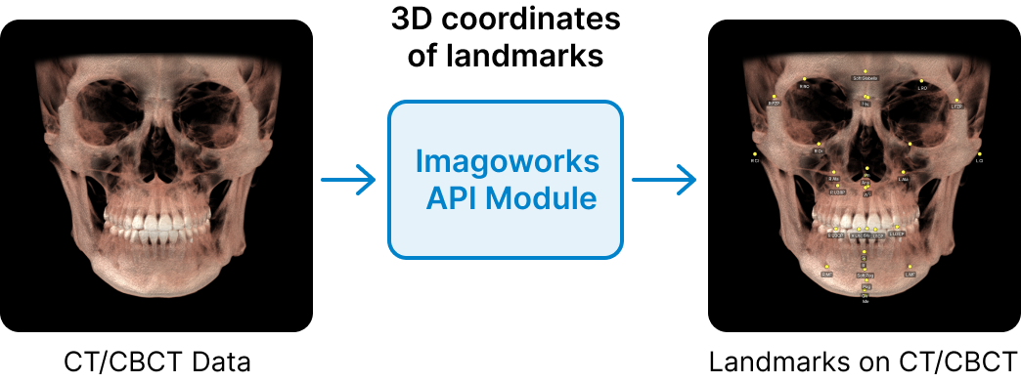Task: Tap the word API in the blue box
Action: click(x=453, y=198)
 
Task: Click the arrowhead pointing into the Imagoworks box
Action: click(x=367, y=174)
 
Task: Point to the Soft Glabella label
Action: click(x=866, y=78)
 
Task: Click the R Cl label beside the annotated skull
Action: click(x=755, y=161)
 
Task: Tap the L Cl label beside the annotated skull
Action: click(x=979, y=161)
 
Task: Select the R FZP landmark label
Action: click(x=774, y=103)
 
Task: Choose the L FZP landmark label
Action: click(x=956, y=106)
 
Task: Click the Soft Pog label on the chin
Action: click(x=865, y=277)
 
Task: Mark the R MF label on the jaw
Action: click(x=826, y=276)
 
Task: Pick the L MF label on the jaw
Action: click(x=910, y=276)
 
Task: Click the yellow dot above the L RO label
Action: click(x=921, y=79)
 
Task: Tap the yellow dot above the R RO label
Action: click(x=805, y=79)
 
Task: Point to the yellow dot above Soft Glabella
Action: click(x=866, y=70)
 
